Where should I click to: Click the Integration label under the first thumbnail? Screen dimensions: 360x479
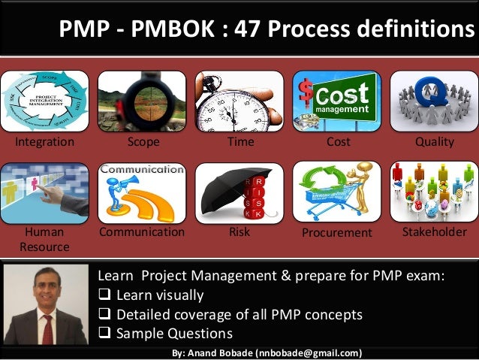click(45, 141)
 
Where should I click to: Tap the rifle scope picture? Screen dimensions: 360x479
click(142, 101)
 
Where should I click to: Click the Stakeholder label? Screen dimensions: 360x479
click(435, 231)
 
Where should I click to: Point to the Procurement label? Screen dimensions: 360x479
click(336, 233)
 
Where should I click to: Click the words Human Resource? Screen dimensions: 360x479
click(44, 239)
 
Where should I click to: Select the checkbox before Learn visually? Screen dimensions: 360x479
click(104, 295)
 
